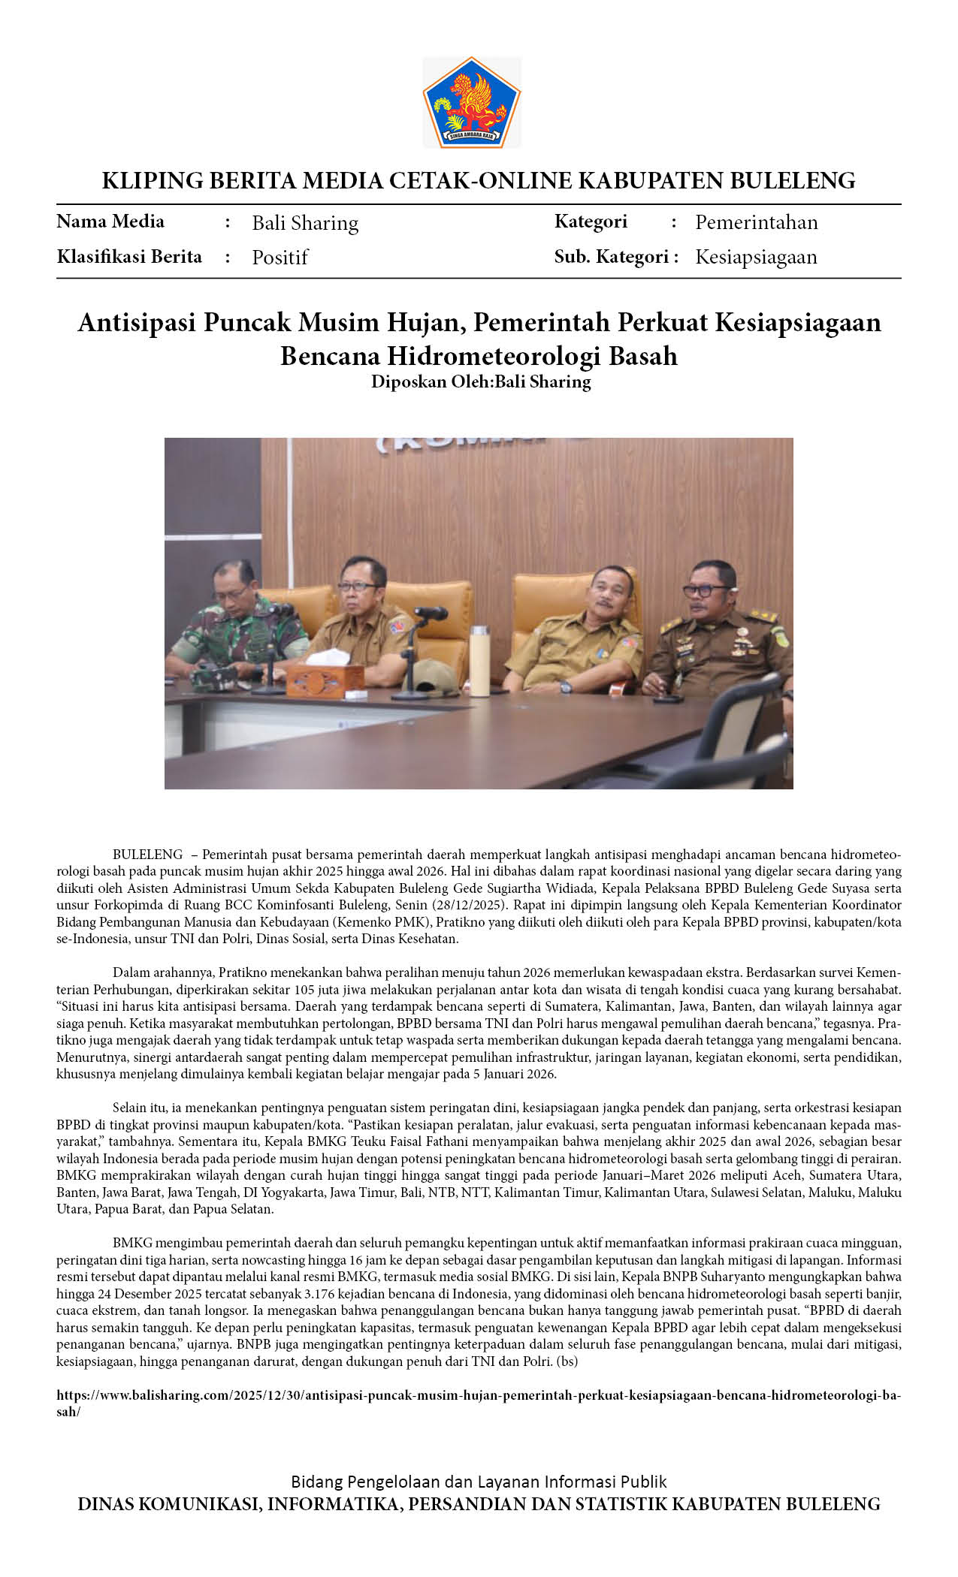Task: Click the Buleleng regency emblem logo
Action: pos(471,102)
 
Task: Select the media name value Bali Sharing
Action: pos(305,223)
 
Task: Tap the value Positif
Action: pos(280,258)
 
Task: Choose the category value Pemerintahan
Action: pos(756,222)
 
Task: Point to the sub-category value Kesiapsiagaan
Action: pos(756,257)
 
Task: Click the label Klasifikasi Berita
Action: pos(129,257)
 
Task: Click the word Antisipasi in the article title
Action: pos(136,322)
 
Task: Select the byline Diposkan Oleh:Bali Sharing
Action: pos(481,381)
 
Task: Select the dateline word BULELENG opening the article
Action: pos(147,855)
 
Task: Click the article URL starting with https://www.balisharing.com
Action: pos(479,1395)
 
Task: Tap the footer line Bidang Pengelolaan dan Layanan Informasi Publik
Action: pos(479,1482)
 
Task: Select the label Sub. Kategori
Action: pos(611,257)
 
